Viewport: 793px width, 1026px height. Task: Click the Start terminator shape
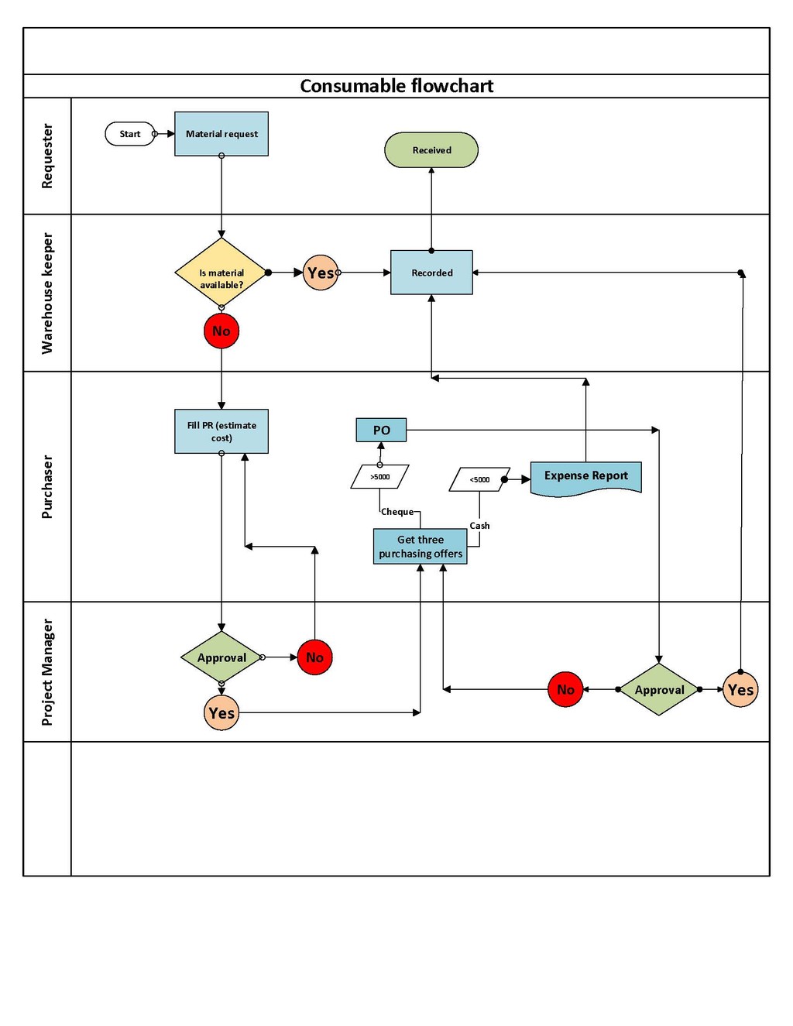pos(130,134)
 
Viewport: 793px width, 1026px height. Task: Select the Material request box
pos(221,134)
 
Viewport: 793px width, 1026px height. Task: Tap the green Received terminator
pos(431,149)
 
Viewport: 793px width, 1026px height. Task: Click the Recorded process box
pos(431,273)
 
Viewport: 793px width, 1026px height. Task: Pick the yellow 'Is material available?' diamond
pos(221,273)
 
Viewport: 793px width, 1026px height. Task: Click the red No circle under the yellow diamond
pos(221,331)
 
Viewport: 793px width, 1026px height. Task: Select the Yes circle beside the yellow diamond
pos(321,273)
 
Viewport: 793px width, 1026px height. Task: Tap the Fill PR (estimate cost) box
pos(221,431)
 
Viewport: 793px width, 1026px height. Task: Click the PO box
pos(381,430)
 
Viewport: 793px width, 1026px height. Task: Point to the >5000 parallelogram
pos(380,476)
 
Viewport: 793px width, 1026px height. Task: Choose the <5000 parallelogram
pos(479,479)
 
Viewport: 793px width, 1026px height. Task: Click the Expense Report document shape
pos(585,479)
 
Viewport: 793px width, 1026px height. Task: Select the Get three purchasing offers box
pos(420,546)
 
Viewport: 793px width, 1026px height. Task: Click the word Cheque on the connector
pos(397,511)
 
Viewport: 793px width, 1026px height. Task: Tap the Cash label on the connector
pos(479,526)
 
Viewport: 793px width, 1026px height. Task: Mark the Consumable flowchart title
pos(396,86)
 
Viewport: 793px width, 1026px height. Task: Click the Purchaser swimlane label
pos(47,486)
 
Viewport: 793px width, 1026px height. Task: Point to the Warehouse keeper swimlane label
pos(47,293)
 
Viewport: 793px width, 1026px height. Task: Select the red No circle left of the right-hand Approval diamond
pos(565,689)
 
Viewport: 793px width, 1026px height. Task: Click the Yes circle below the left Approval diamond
pos(221,712)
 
